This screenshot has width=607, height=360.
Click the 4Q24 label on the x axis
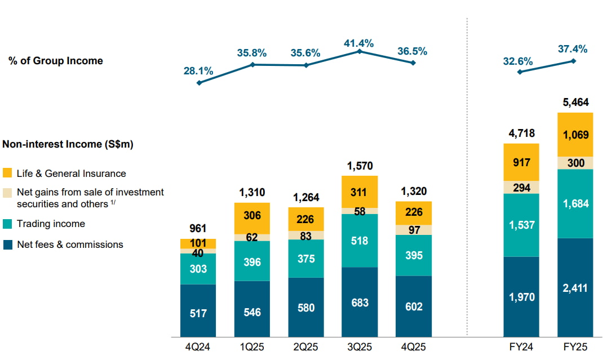(198, 347)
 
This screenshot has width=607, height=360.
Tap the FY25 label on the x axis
(575, 347)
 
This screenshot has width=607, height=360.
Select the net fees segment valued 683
(360, 302)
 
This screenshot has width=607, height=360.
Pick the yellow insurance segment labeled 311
(360, 192)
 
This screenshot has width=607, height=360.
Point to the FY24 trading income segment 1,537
(521, 225)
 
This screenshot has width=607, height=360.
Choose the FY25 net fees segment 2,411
(575, 287)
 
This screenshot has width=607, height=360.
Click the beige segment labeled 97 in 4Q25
(414, 230)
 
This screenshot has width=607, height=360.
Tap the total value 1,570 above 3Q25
(360, 166)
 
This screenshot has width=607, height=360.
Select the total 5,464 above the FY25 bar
(575, 103)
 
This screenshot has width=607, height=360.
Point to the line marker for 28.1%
(199, 83)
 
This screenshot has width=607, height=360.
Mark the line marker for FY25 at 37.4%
(574, 61)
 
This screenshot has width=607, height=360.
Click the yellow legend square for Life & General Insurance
(8, 173)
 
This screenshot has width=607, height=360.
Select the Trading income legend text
(51, 224)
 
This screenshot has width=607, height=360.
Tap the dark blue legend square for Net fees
(8, 245)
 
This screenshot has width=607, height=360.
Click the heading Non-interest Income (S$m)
(68, 145)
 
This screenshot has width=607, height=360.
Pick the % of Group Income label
(56, 61)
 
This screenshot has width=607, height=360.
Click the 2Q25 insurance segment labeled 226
(306, 219)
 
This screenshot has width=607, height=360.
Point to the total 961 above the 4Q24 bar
(198, 229)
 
